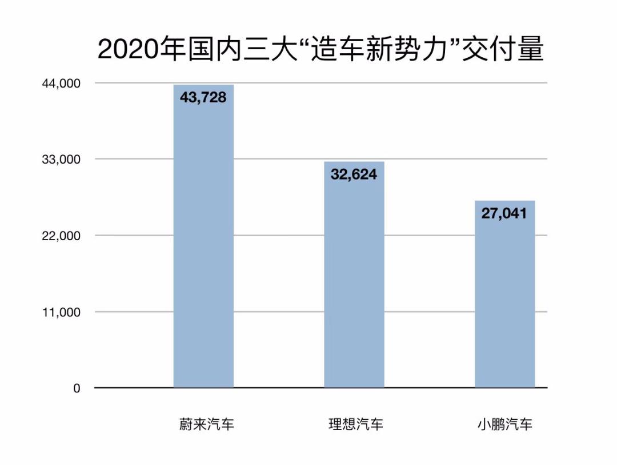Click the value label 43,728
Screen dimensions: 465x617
[x=203, y=98]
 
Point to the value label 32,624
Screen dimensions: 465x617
[x=354, y=174]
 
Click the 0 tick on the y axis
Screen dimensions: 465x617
[x=77, y=388]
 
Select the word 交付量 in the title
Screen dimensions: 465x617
[x=502, y=50]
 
